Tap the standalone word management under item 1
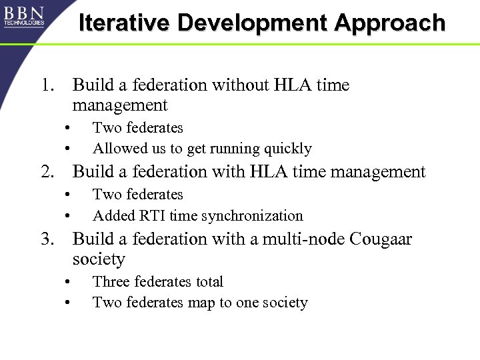coord(120,105)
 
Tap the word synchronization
coord(252,215)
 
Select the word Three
coord(110,282)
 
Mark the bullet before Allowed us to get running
coord(67,149)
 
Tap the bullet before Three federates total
coord(67,282)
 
